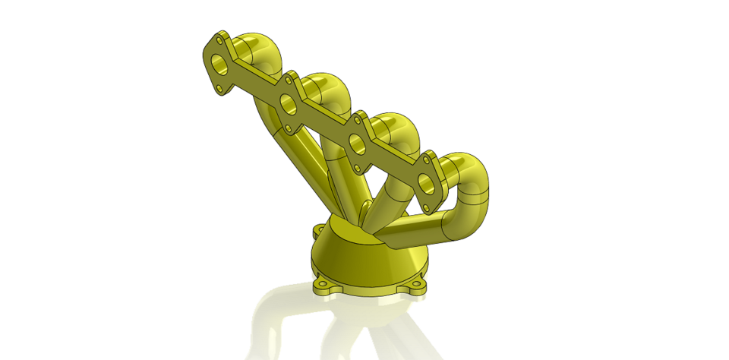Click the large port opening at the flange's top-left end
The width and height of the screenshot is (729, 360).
pos(219,62)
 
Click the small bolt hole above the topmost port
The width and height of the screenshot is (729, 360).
pos(220,37)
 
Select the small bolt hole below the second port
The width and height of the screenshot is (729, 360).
pos(287,128)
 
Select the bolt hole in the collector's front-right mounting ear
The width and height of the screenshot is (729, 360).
pos(417,289)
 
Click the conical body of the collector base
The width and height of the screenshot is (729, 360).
pos(364,262)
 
